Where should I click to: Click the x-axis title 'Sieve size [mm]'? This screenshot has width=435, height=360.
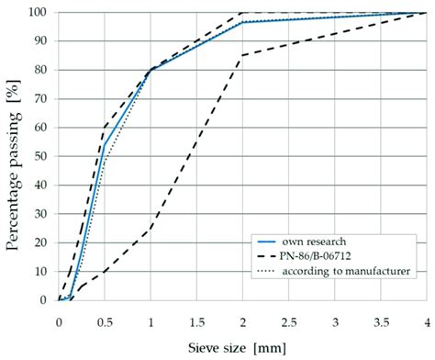pyautogui.click(x=241, y=348)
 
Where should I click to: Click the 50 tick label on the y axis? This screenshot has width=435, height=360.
pyautogui.click(x=40, y=156)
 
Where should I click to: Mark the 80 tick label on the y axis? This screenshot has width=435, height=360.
pyautogui.click(x=40, y=70)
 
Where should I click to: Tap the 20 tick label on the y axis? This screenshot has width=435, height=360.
pyautogui.click(x=40, y=242)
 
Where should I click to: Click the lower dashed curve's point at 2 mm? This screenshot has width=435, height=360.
pyautogui.click(x=242, y=55)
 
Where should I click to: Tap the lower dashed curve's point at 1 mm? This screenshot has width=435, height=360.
pyautogui.click(x=151, y=228)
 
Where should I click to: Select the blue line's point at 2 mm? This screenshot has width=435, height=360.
pyautogui.click(x=242, y=22)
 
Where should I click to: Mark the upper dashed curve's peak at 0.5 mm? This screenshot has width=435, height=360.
pyautogui.click(x=105, y=127)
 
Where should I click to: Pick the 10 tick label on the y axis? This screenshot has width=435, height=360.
pyautogui.click(x=40, y=271)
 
